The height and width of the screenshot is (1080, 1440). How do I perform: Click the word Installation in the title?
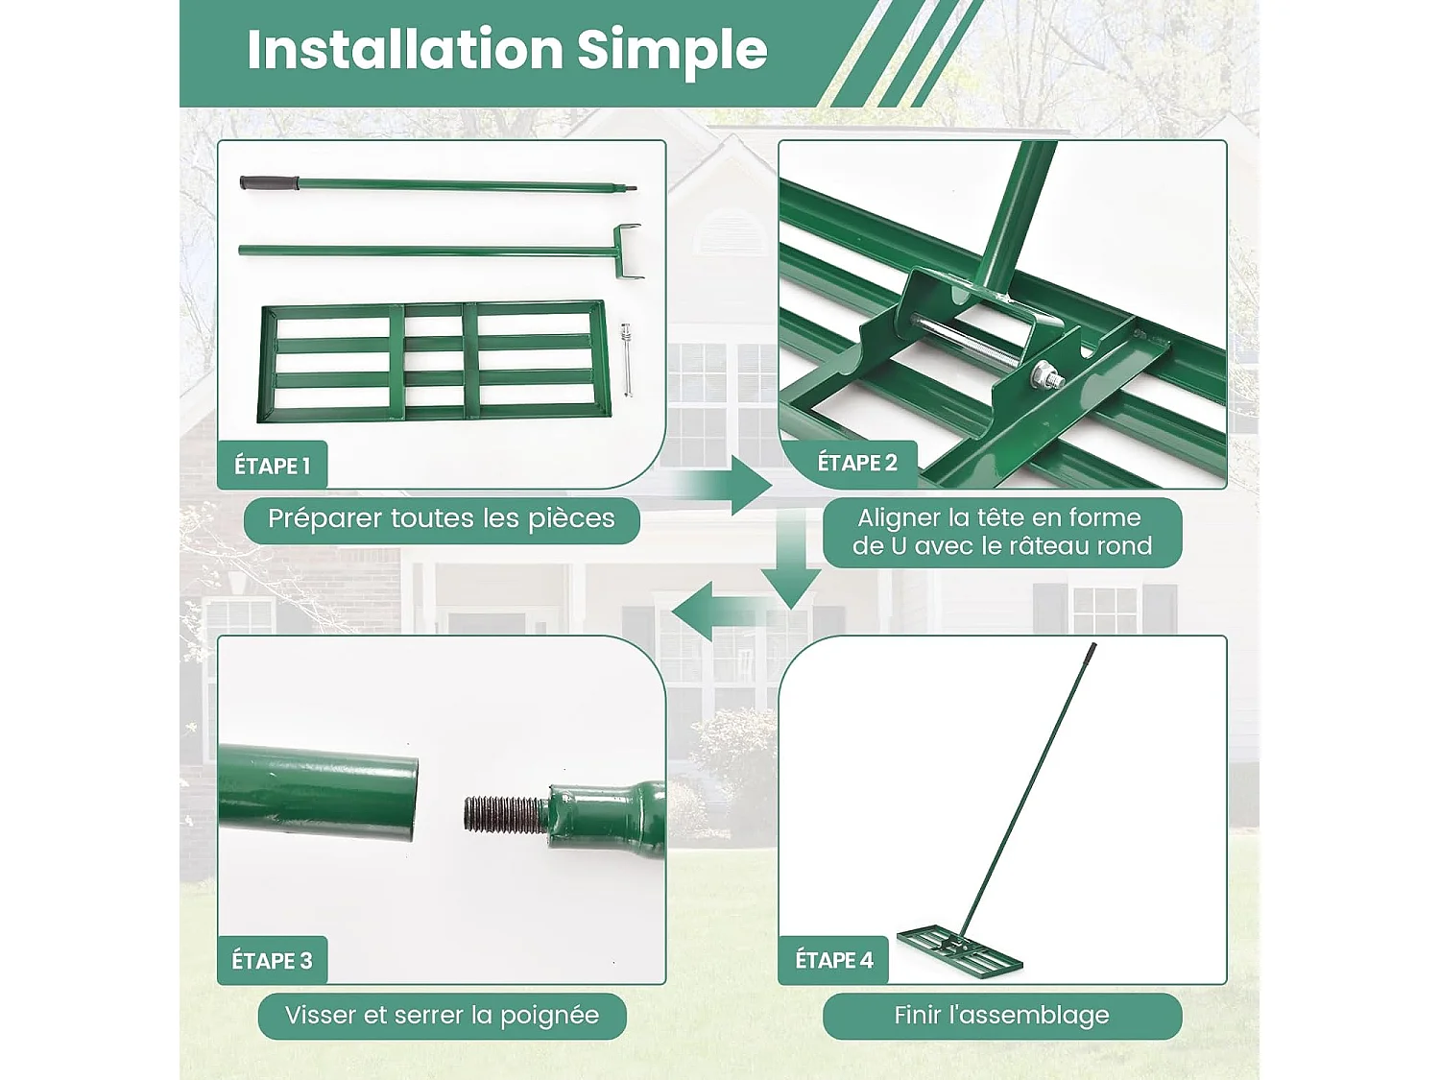(x=405, y=50)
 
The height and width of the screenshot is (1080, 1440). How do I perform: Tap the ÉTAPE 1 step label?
(x=273, y=467)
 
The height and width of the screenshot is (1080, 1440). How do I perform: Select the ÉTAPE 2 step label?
(x=856, y=463)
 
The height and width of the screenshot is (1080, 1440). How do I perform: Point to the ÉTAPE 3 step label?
(x=273, y=961)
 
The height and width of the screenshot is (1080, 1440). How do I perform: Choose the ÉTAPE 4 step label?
(x=834, y=960)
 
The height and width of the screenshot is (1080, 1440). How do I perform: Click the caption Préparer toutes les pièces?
(x=442, y=519)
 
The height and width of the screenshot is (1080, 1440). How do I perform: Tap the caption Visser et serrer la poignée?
(x=443, y=1016)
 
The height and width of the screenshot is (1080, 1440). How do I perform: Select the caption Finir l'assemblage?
(x=1002, y=1015)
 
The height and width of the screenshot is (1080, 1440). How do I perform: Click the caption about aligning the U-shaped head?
(x=1002, y=532)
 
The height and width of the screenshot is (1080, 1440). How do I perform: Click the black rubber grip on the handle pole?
(x=269, y=183)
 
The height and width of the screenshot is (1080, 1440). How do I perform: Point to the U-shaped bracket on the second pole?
(x=628, y=252)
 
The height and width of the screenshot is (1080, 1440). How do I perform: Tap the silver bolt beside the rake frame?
(x=627, y=360)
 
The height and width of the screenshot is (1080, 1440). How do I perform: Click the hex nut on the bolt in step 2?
(x=1042, y=375)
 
